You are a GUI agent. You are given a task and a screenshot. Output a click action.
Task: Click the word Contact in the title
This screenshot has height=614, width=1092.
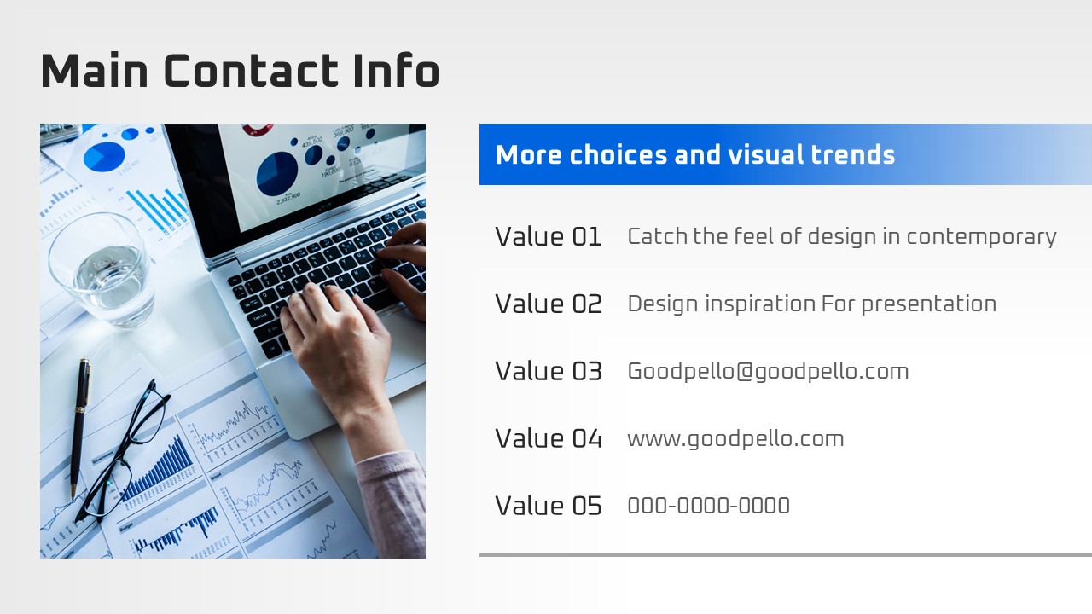click(251, 71)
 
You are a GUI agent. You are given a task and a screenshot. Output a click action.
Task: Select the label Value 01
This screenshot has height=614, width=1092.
click(548, 237)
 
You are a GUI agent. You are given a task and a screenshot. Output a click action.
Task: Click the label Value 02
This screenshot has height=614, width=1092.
click(549, 304)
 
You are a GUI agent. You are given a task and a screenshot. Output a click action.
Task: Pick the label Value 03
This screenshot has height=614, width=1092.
click(549, 371)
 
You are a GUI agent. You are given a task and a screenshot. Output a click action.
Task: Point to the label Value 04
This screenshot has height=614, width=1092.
click(549, 438)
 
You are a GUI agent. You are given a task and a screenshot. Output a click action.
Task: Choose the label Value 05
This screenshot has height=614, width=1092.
click(549, 506)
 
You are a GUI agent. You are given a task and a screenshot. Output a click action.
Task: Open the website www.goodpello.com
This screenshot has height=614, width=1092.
click(735, 439)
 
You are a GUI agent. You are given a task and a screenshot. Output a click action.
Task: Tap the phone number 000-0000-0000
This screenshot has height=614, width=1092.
click(708, 506)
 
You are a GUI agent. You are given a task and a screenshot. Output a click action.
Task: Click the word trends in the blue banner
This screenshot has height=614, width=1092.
click(852, 154)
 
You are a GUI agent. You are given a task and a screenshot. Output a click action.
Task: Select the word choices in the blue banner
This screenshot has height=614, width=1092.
click(618, 154)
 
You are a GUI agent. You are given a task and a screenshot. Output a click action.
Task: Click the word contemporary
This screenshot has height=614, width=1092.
click(981, 237)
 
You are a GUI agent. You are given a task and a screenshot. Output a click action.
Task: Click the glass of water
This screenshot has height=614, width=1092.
click(102, 269)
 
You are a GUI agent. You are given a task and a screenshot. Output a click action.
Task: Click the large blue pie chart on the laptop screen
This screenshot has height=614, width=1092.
click(277, 174)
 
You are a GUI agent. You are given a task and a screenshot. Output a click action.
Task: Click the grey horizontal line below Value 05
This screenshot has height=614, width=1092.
click(786, 555)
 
